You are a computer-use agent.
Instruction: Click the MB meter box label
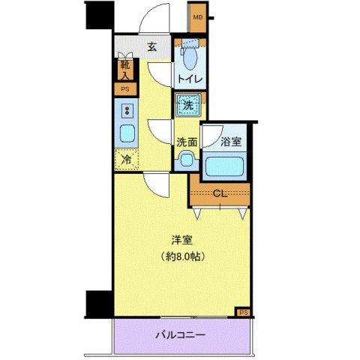(198, 17)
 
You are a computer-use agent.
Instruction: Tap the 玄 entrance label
(152, 47)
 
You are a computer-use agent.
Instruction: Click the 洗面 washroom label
(187, 142)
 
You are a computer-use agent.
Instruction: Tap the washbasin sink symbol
(185, 160)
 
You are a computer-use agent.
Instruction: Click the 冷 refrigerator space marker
(126, 159)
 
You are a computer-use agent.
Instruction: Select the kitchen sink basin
(126, 135)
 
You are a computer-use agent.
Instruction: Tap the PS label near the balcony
(243, 311)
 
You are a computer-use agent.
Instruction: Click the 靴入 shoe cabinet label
(124, 70)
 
